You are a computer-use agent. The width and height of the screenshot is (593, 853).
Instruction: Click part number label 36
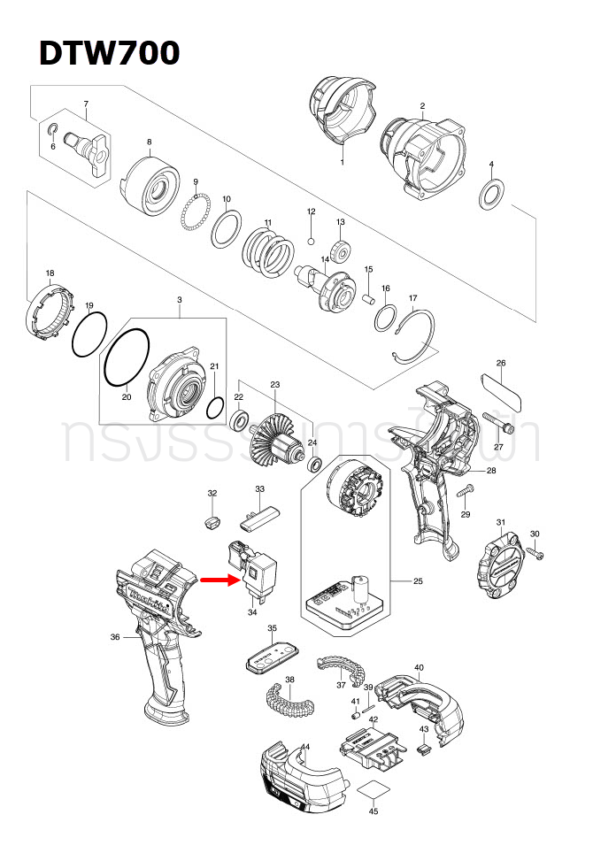[115, 637]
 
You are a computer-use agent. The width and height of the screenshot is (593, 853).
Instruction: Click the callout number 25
[417, 581]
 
